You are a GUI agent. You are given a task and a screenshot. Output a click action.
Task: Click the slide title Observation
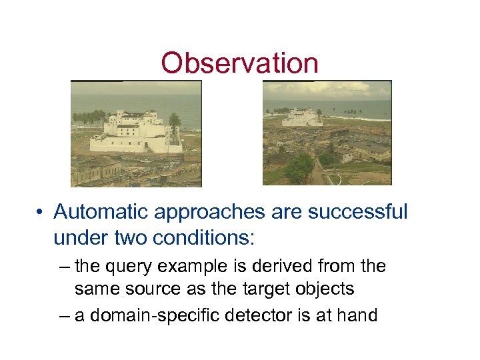point(239,63)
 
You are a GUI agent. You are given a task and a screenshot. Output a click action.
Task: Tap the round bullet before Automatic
point(41,213)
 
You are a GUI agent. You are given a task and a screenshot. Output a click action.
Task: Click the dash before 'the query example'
point(63,267)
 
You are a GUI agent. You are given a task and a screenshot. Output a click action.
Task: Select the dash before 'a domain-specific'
point(63,315)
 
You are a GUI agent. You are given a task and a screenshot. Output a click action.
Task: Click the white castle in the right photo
point(302,118)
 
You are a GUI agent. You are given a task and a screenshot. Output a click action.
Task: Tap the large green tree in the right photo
point(299,167)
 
